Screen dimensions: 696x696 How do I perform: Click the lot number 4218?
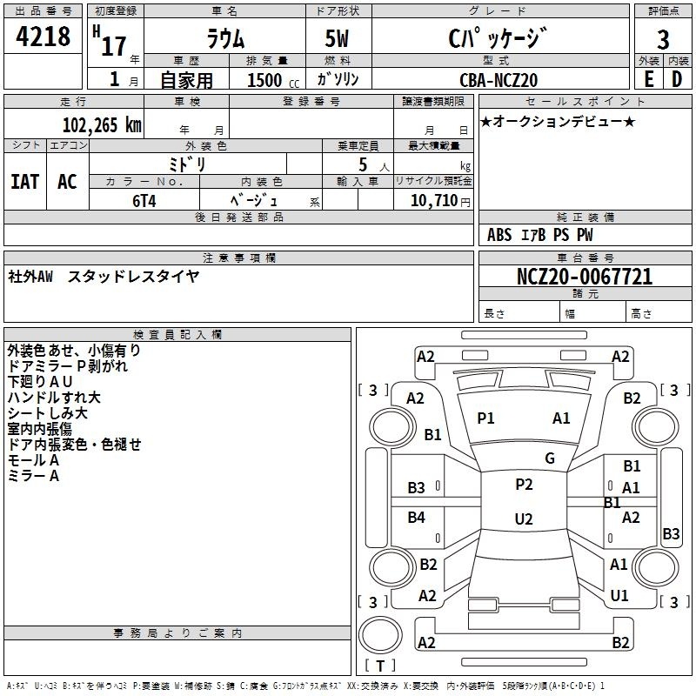pyautogui.click(x=43, y=37)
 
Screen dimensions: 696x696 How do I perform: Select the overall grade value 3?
pyautogui.click(x=663, y=39)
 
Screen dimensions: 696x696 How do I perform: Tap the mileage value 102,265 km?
pyautogui.click(x=102, y=125)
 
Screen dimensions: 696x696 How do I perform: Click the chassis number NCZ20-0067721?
pyautogui.click(x=585, y=277)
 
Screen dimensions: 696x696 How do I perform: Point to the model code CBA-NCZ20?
pyautogui.click(x=499, y=80)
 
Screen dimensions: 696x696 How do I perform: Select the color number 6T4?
pyautogui.click(x=144, y=201)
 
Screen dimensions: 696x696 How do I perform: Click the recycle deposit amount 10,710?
pyautogui.click(x=434, y=201)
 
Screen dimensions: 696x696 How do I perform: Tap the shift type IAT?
pyautogui.click(x=25, y=182)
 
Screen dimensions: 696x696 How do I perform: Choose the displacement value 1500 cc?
pyautogui.click(x=273, y=80)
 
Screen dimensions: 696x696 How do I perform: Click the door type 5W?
pyautogui.click(x=337, y=38)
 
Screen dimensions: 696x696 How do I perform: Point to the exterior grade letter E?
pyautogui.click(x=648, y=79)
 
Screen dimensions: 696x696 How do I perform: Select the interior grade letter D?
pyautogui.click(x=677, y=79)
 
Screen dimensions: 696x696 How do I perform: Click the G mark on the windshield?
pyautogui.click(x=550, y=458)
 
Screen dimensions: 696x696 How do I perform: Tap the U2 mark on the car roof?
pyautogui.click(x=524, y=519)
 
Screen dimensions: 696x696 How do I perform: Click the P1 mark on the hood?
pyautogui.click(x=485, y=418)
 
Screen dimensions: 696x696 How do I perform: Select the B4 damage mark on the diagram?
pyautogui.click(x=417, y=517)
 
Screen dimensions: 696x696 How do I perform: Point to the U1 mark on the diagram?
pyautogui.click(x=619, y=596)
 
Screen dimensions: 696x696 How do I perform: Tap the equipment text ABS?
pyautogui.click(x=499, y=235)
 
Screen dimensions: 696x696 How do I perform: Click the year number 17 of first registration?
pyautogui.click(x=114, y=46)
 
